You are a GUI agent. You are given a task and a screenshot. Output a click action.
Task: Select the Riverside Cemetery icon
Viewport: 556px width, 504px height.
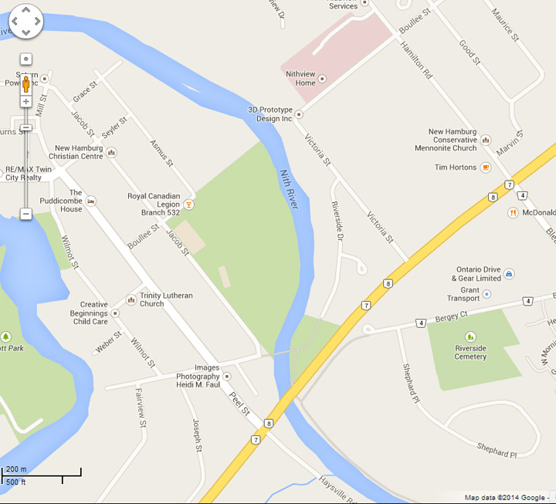pyautogui.click(x=470, y=337)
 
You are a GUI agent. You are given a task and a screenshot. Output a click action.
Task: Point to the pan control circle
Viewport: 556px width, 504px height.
pyautogui.click(x=25, y=22)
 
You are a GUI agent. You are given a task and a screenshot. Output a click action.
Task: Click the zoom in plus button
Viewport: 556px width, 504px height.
pyautogui.click(x=25, y=101)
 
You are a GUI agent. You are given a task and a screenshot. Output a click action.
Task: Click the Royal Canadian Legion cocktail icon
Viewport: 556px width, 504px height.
pyautogui.click(x=189, y=205)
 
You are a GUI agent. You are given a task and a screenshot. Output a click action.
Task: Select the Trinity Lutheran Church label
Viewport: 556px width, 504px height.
pyautogui.click(x=166, y=299)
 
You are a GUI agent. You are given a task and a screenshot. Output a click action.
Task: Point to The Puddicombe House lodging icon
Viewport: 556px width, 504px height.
pyautogui.click(x=91, y=201)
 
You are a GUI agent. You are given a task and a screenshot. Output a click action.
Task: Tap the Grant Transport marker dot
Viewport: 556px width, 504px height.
pyautogui.click(x=486, y=294)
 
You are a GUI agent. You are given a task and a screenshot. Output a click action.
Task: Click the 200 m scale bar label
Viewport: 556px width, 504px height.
pyautogui.click(x=16, y=469)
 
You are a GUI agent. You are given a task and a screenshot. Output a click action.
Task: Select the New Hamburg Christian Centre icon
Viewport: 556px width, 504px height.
pyautogui.click(x=112, y=152)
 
